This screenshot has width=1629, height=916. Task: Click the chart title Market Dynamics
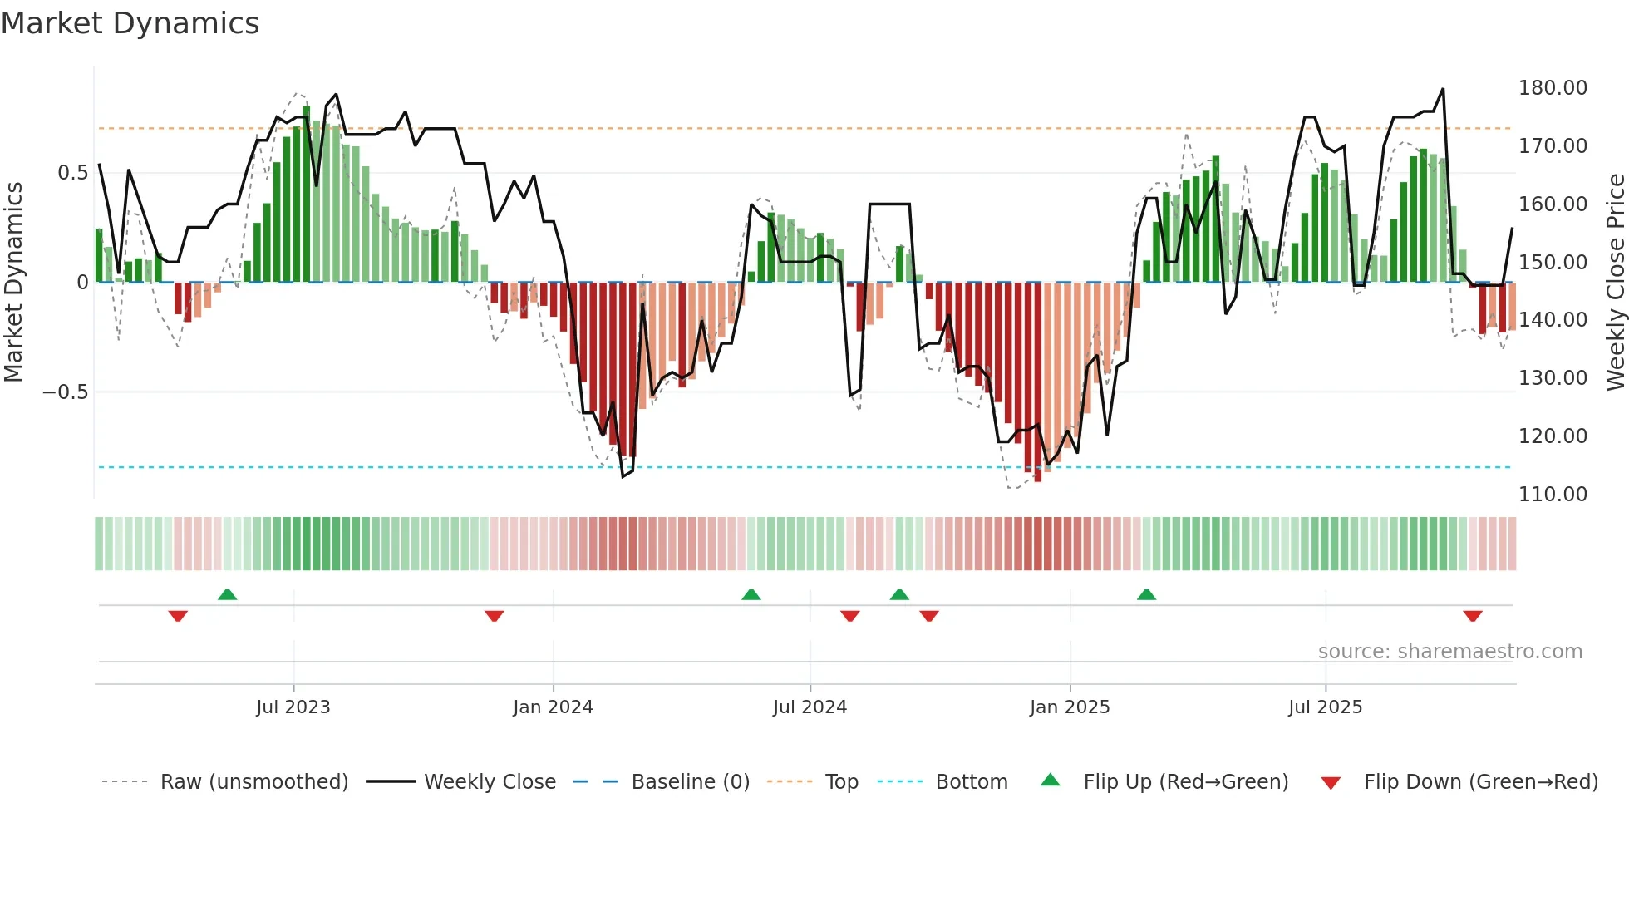click(x=130, y=23)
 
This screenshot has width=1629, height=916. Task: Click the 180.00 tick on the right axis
click(x=1552, y=88)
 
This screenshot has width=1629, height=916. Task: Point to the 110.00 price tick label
click(x=1552, y=495)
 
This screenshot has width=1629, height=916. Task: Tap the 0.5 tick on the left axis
click(x=72, y=173)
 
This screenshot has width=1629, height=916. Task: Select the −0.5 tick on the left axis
click(x=65, y=392)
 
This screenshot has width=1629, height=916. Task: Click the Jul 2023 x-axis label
click(x=293, y=707)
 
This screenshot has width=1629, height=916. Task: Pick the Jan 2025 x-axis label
click(x=1069, y=707)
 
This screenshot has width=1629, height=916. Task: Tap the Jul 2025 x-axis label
click(x=1325, y=707)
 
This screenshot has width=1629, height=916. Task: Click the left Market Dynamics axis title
click(x=13, y=283)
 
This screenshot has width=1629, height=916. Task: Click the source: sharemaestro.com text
click(x=1449, y=652)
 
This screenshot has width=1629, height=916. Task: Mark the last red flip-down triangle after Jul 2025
click(x=1473, y=616)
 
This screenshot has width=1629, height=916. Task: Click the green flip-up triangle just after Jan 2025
click(x=1146, y=594)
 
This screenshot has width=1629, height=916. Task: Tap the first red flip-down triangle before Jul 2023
click(x=178, y=616)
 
